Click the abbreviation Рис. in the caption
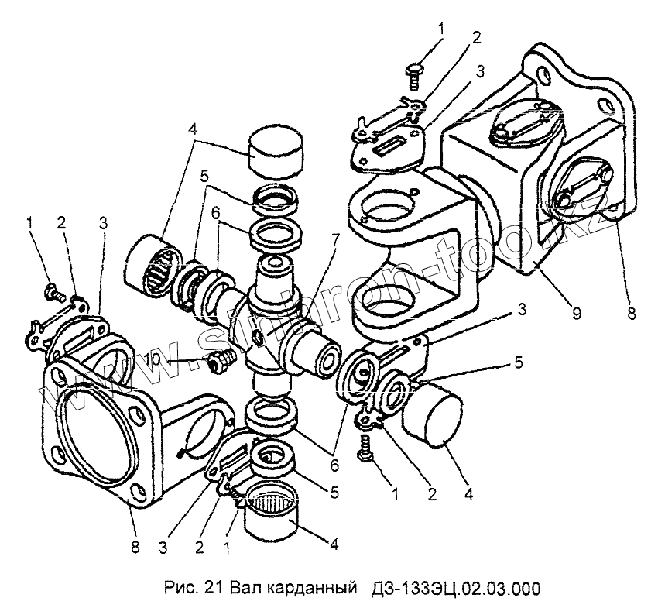[181, 587]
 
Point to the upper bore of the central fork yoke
[385, 208]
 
